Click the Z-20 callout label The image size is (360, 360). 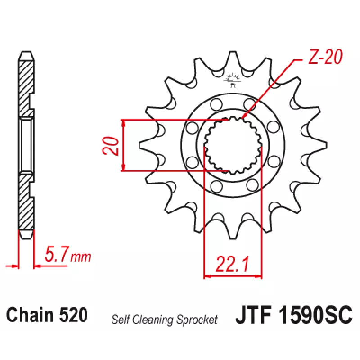(x=325, y=57)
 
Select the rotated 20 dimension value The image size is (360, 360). (x=111, y=145)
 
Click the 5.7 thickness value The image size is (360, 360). (x=57, y=254)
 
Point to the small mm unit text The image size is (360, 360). (x=81, y=257)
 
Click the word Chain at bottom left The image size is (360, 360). (x=30, y=315)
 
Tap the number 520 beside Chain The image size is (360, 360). (x=73, y=315)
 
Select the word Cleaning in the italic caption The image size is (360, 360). (x=153, y=319)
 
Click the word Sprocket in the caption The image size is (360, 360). (x=197, y=320)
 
